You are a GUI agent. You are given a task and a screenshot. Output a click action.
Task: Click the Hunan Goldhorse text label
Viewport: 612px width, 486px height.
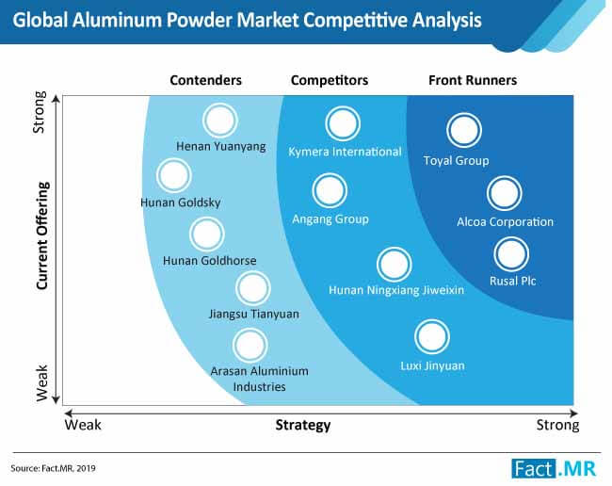click(x=210, y=260)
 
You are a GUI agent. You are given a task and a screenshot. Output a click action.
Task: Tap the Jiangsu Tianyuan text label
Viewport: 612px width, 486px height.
click(x=254, y=315)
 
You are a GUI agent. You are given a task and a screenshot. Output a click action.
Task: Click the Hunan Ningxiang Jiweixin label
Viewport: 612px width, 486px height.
click(x=396, y=290)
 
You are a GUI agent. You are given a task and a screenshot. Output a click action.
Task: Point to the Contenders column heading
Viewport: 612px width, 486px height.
click(x=205, y=80)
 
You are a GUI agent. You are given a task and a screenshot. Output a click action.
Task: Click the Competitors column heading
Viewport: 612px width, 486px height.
click(x=330, y=80)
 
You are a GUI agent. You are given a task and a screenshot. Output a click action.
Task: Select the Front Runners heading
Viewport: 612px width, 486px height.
click(x=473, y=80)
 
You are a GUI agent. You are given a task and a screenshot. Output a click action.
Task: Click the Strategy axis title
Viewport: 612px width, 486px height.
click(x=303, y=425)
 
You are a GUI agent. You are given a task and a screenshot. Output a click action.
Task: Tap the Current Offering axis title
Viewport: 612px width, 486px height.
click(x=42, y=235)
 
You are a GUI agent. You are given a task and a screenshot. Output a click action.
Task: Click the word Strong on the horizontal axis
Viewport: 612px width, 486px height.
click(x=557, y=425)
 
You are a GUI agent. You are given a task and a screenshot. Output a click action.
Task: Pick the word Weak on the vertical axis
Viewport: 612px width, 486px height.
click(x=41, y=383)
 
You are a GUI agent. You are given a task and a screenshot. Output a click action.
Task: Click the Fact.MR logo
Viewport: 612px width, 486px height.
click(x=555, y=468)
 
